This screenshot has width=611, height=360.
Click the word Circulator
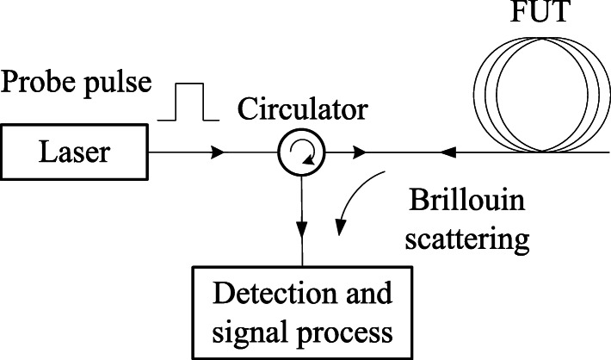click(303, 109)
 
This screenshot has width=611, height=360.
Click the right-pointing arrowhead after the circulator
click(362, 153)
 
